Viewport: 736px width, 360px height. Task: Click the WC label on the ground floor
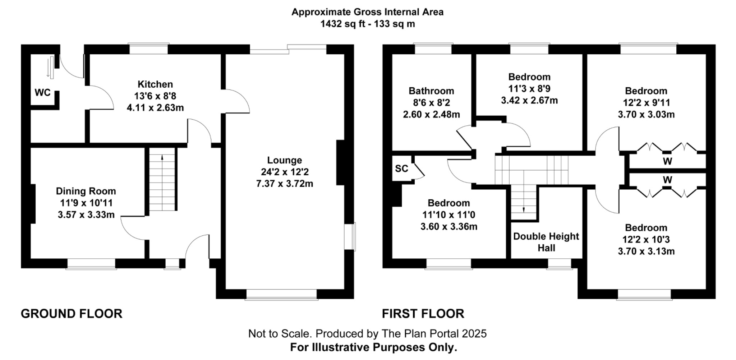click(42, 93)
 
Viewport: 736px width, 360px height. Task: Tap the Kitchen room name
click(155, 84)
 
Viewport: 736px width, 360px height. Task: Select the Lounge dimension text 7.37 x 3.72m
click(284, 184)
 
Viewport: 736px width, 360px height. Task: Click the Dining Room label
click(86, 191)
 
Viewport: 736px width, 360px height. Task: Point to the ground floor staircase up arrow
click(162, 157)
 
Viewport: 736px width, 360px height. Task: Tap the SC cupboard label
click(401, 169)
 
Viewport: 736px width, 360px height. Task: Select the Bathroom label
click(431, 91)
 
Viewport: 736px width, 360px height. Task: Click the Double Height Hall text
click(546, 242)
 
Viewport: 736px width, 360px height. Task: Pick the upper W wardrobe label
click(667, 161)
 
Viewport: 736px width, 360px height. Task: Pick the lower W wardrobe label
click(667, 180)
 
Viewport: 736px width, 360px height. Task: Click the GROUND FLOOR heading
click(72, 314)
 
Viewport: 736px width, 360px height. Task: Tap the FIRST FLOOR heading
click(423, 314)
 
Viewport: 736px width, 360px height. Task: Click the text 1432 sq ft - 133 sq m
click(367, 24)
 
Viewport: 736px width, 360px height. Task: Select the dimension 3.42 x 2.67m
click(529, 100)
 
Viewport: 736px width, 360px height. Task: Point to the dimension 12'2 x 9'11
click(646, 103)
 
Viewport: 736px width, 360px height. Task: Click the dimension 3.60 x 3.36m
click(449, 227)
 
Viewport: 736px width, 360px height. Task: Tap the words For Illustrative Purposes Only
click(373, 347)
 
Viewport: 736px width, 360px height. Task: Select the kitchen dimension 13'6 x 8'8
click(155, 96)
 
